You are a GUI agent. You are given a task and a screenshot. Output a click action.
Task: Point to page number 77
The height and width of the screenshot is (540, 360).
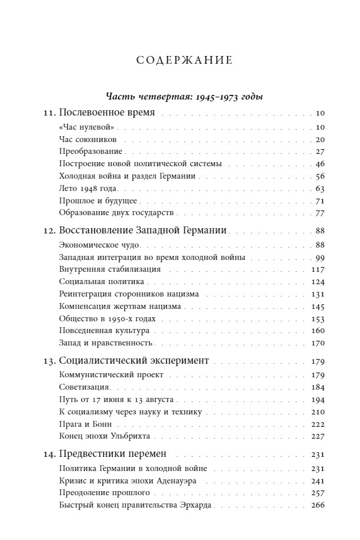coord(321,213)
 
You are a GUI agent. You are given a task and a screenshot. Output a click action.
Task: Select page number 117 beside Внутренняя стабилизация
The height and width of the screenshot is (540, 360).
coord(319,269)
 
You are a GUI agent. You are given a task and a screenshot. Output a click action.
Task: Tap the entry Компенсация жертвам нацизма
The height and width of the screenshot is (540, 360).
coord(120,307)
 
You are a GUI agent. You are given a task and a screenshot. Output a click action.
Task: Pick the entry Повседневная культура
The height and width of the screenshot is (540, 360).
coord(104,331)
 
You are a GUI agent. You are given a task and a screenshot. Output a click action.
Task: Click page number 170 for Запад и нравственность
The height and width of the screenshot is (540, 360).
coord(319,343)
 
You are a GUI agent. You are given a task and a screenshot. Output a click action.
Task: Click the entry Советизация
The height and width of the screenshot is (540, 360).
coord(85,387)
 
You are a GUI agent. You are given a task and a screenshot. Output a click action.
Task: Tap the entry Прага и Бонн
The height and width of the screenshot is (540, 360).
coord(85,424)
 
